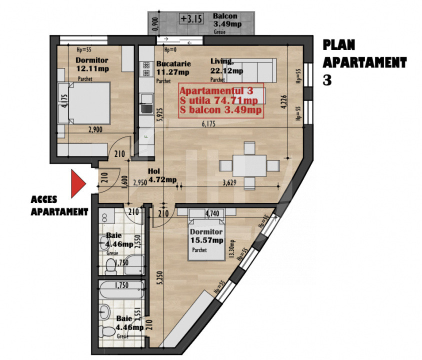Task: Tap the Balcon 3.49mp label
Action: click(x=224, y=20)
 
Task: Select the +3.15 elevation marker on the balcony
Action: click(x=191, y=19)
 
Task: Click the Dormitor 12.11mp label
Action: click(x=92, y=64)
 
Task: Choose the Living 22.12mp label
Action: click(x=226, y=66)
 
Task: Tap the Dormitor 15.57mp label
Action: click(x=206, y=236)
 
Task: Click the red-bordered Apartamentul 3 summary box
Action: click(x=221, y=100)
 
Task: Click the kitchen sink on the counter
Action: click(x=146, y=108)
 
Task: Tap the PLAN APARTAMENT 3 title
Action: click(x=364, y=62)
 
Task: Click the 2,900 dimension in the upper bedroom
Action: click(x=95, y=129)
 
